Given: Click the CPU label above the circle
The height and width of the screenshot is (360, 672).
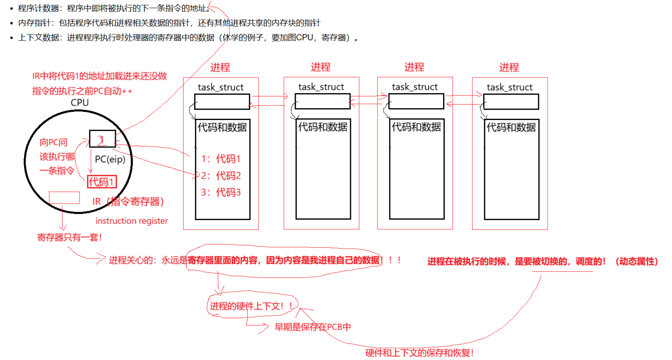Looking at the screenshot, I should point(80,102).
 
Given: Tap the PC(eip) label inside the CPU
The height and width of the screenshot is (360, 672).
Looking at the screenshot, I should point(110,159).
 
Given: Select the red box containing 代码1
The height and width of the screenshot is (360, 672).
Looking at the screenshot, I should point(102,182).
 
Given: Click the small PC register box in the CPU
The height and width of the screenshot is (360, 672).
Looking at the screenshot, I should point(102,139).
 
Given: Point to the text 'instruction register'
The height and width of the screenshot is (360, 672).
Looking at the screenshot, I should point(131,221).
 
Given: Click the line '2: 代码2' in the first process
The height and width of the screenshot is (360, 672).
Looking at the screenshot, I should point(221,176).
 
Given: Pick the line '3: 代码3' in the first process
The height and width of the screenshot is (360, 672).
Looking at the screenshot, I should point(221,192).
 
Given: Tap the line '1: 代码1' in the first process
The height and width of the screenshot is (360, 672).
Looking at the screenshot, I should point(221,159).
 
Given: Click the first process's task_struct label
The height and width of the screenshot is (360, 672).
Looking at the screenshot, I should point(220,87).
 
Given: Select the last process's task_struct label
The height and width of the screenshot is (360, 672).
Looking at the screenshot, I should point(510,87).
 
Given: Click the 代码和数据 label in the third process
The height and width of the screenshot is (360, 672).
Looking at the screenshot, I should point(416,127).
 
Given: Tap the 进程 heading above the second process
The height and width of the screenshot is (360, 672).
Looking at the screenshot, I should point(321,67).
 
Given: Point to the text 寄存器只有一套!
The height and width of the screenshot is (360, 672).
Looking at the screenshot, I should point(69,237).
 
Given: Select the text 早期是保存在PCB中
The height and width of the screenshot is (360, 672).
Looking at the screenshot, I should point(313,327).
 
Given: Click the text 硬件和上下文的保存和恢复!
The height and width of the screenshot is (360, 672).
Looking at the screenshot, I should point(419,353).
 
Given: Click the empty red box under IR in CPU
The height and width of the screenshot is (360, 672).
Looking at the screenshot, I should point(64,198).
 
